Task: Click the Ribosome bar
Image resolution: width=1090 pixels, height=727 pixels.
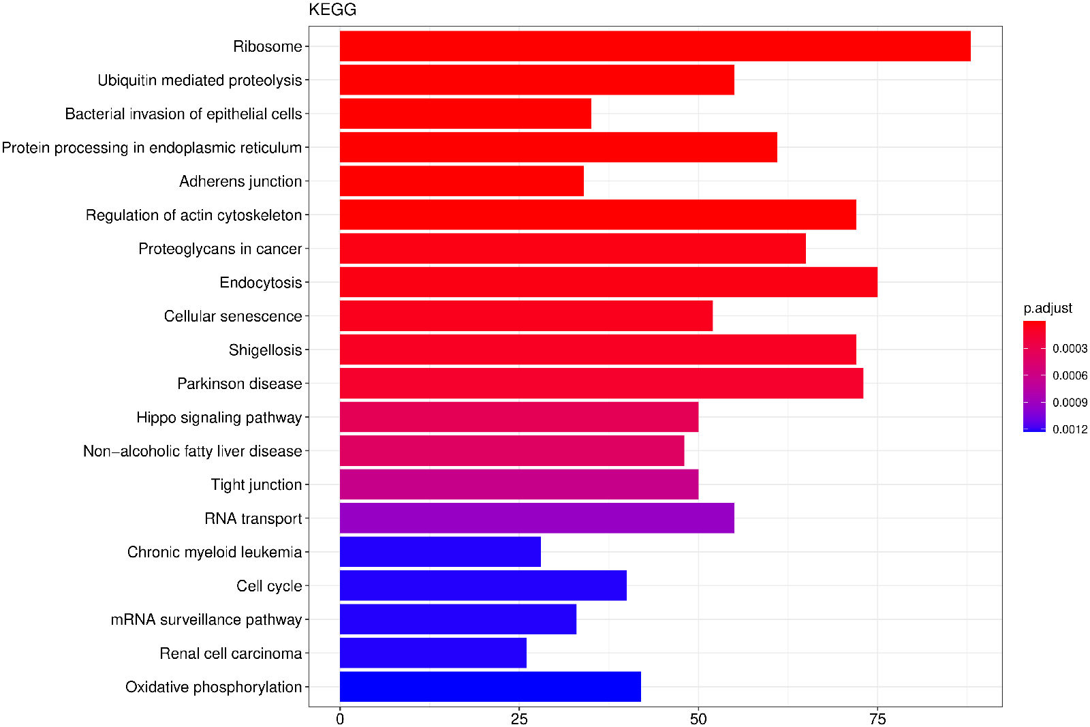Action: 655,46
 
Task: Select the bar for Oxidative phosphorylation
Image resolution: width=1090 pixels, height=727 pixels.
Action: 490,687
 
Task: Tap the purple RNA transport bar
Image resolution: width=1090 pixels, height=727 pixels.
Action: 537,519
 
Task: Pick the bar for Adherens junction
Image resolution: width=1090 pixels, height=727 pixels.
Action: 461,181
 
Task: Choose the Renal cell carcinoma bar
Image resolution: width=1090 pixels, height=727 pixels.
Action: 433,653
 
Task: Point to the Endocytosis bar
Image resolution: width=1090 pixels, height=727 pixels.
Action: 608,282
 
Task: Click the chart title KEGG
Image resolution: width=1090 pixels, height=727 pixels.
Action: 332,10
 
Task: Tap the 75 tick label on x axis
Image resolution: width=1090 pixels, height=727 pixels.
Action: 877,719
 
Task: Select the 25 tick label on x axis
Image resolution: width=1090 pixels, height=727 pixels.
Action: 519,719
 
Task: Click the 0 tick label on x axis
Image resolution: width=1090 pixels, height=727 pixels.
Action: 340,719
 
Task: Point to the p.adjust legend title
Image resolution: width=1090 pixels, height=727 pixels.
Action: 1048,309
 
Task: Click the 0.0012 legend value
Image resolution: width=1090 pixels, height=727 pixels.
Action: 1070,429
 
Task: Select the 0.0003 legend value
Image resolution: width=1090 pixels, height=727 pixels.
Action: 1070,349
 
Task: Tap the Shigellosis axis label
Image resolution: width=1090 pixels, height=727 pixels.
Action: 265,350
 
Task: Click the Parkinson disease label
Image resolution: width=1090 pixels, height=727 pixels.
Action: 239,384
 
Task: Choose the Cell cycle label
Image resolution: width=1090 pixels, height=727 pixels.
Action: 269,586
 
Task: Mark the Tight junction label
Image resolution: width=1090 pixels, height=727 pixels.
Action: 256,485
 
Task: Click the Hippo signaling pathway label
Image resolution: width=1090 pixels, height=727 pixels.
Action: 219,418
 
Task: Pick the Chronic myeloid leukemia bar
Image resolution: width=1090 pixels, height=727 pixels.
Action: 440,552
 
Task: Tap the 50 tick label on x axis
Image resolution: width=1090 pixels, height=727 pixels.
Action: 698,719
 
